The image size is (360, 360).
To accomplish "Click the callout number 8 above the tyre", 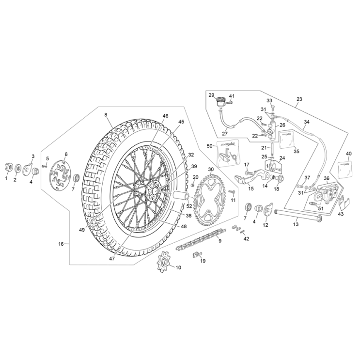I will (106, 115).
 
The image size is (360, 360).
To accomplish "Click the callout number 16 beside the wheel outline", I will (61, 244).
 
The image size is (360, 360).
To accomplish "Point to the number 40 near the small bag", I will (349, 154).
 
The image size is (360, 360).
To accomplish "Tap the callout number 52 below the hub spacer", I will (189, 206).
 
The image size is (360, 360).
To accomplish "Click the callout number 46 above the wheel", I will (166, 116).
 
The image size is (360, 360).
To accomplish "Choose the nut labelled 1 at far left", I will (7, 168).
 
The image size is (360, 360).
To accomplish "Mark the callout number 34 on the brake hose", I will (306, 122).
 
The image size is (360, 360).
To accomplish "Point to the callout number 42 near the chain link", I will (246, 239).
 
